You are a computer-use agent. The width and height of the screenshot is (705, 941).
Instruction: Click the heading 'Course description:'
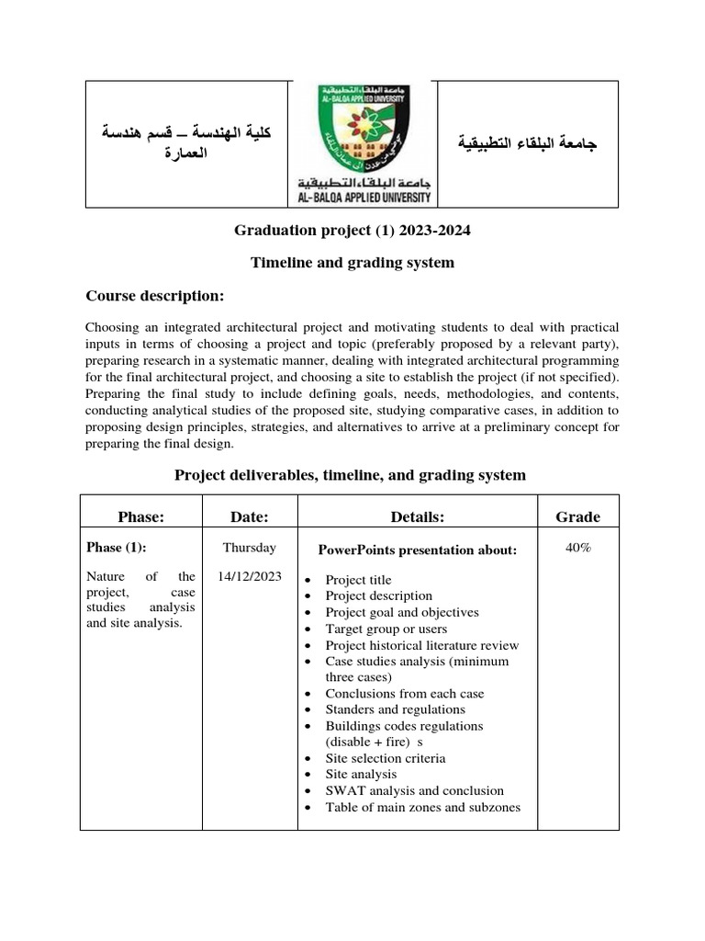click(154, 295)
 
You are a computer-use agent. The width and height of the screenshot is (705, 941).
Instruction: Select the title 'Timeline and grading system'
click(352, 263)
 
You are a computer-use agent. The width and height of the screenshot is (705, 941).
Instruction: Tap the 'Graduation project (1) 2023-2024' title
click(352, 231)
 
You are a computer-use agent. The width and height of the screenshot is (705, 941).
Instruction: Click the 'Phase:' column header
click(140, 517)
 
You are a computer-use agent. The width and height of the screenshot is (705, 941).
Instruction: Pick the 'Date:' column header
click(249, 517)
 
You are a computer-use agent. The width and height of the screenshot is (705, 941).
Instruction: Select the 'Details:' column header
click(417, 517)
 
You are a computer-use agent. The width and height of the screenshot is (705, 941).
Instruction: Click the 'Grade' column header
click(577, 517)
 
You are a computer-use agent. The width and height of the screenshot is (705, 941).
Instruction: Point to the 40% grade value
click(578, 548)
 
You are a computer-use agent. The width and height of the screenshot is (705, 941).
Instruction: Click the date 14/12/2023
click(249, 576)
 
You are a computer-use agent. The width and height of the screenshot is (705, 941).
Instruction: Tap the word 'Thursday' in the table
click(249, 548)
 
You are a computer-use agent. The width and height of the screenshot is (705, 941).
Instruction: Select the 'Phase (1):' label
click(116, 548)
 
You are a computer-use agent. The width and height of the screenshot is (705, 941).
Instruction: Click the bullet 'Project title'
click(358, 580)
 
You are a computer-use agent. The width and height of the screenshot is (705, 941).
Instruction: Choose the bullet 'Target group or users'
click(386, 629)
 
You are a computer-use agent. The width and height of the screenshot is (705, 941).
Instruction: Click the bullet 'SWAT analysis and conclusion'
click(414, 790)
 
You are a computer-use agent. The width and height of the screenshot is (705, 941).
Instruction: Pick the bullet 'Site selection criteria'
click(386, 758)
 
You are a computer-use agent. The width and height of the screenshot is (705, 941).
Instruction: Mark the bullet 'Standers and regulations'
click(395, 709)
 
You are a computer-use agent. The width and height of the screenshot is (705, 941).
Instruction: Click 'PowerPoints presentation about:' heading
click(417, 550)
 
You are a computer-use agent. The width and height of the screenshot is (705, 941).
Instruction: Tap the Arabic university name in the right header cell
click(527, 144)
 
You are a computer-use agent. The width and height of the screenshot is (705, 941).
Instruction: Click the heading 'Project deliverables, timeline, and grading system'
click(350, 475)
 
